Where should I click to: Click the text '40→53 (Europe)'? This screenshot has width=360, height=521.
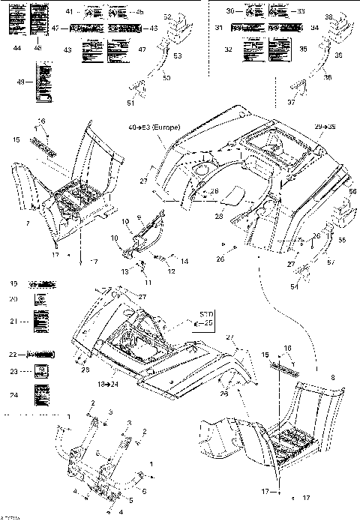pyautogui.click(x=153, y=128)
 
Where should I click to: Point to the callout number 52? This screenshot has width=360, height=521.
pyautogui.click(x=167, y=16)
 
